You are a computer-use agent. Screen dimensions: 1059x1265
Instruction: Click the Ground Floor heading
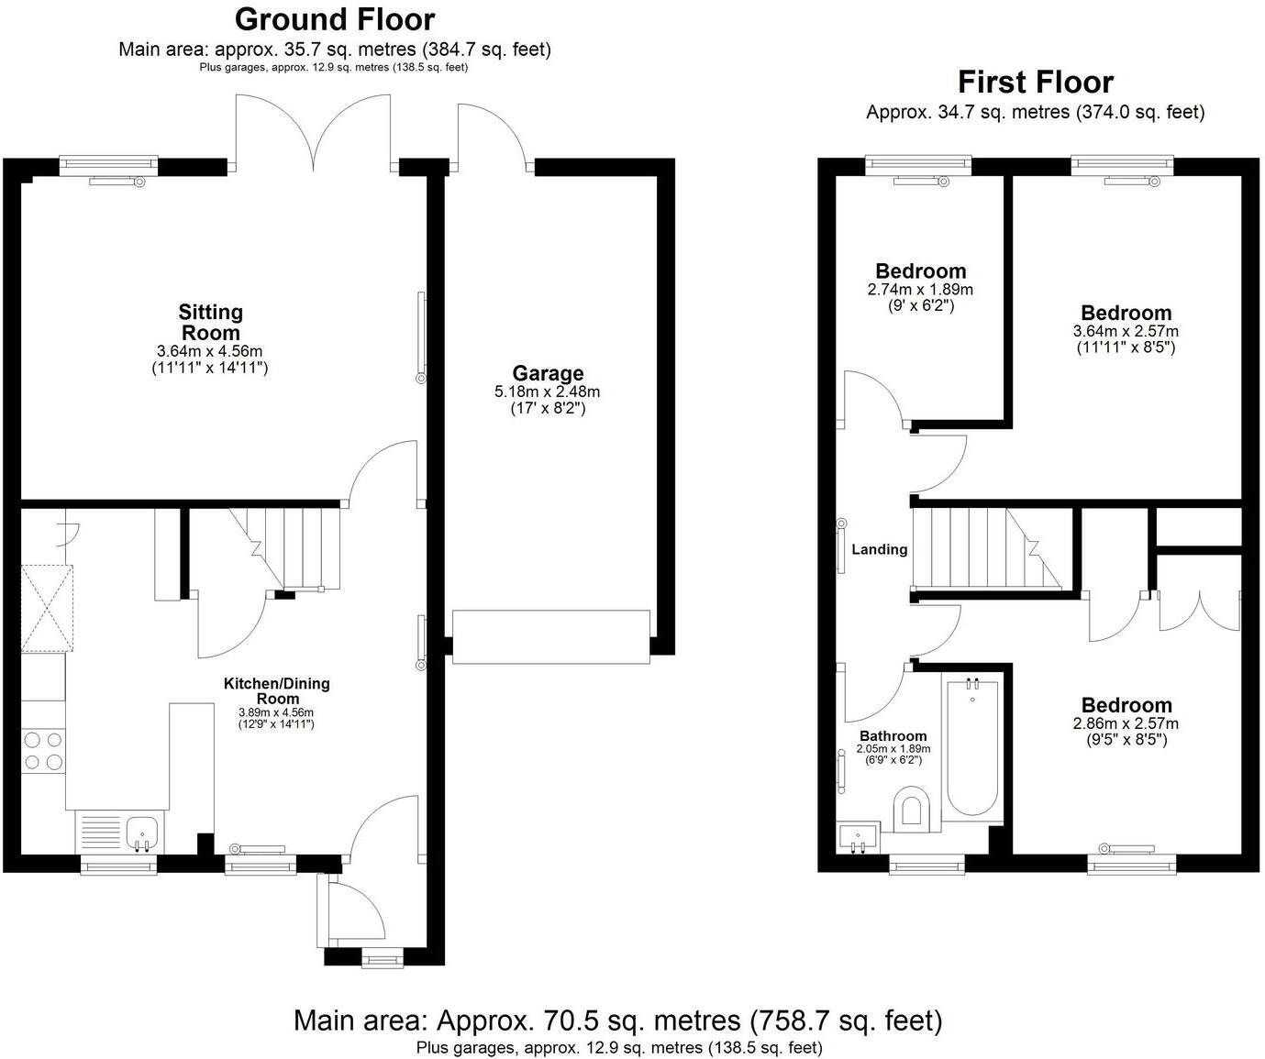tap(335, 18)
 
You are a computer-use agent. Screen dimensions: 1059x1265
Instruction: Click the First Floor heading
tap(1035, 82)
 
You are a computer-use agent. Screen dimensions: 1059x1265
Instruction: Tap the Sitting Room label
tap(210, 323)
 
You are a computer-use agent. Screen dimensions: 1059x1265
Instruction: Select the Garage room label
tap(548, 373)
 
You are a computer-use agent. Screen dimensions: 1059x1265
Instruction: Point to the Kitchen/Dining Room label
tap(276, 690)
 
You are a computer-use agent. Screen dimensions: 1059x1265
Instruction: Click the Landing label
tap(879, 549)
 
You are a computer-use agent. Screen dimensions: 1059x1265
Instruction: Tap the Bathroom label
tap(893, 735)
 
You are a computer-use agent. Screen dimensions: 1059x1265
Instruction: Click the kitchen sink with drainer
tap(119, 833)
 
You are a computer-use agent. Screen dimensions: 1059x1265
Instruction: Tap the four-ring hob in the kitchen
tap(43, 750)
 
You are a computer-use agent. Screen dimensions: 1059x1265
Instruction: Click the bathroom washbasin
tap(859, 836)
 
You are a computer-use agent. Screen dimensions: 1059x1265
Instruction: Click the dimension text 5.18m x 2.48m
tap(548, 392)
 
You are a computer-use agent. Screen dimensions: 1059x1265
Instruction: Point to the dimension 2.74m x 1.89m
tap(920, 289)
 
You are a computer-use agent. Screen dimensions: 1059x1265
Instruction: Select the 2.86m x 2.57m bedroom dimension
tap(1126, 723)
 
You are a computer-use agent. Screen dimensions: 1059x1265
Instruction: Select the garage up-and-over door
tap(550, 636)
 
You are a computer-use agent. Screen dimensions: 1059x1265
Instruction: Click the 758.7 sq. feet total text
tap(846, 1020)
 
